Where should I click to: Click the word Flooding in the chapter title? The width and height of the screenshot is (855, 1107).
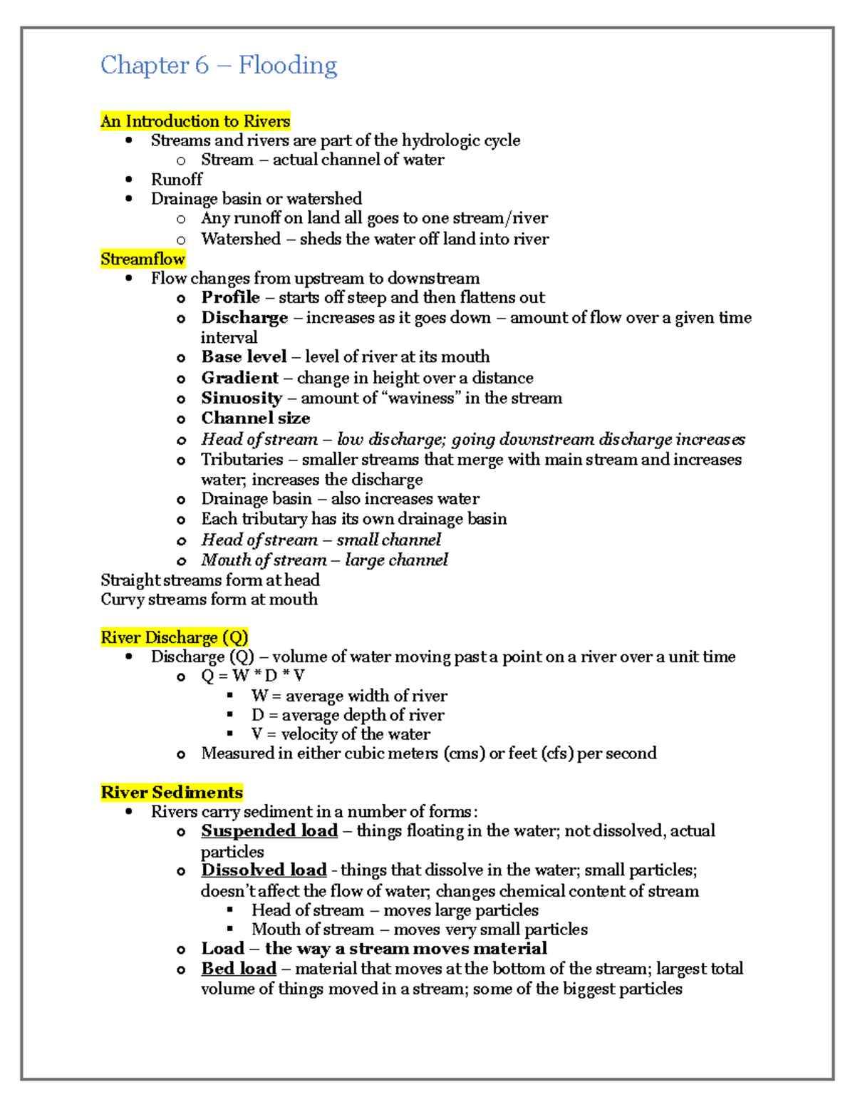tap(288, 66)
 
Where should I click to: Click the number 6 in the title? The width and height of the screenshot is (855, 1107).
tap(202, 66)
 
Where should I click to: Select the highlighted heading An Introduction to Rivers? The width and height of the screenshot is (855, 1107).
tap(195, 121)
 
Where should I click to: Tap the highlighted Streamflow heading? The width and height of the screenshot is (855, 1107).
tap(142, 259)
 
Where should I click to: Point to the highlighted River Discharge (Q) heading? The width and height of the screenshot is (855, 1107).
tap(175, 637)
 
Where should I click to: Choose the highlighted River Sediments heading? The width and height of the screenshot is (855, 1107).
tap(172, 793)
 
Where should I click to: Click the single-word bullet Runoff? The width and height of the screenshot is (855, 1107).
tap(177, 179)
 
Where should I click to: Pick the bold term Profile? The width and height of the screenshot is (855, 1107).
tap(230, 297)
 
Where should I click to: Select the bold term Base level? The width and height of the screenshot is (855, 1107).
tap(244, 356)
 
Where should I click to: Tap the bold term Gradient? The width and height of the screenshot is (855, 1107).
tap(239, 378)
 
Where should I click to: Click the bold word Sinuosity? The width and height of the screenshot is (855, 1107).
tap(242, 398)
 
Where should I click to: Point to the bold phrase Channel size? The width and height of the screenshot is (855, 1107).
tap(256, 418)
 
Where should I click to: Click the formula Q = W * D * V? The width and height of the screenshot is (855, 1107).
tap(253, 676)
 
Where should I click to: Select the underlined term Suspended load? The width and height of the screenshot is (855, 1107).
tap(269, 831)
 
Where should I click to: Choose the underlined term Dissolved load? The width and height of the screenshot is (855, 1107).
tap(264, 870)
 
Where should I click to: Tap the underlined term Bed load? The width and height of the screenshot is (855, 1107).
tap(239, 969)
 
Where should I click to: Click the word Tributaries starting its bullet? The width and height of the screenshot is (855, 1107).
tap(242, 460)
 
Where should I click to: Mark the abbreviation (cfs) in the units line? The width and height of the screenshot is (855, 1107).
tap(556, 753)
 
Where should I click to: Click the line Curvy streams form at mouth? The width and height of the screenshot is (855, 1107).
tap(209, 599)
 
